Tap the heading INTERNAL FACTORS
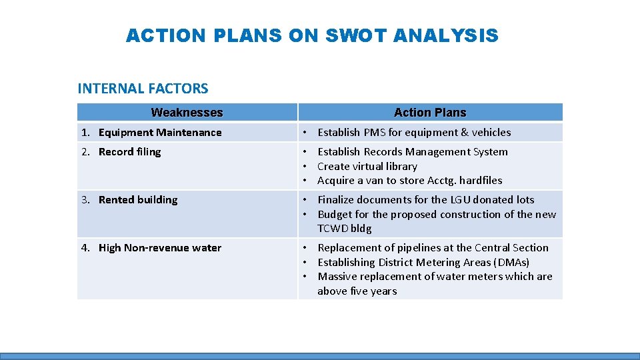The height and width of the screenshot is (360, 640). (143, 88)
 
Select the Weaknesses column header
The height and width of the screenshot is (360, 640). (187, 113)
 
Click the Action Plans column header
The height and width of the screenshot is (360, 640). (430, 113)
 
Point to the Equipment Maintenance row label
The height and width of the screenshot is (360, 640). (160, 133)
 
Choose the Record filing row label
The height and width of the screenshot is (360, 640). (129, 152)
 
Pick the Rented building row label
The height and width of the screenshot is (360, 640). (138, 200)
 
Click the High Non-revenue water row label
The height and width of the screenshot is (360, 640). (160, 248)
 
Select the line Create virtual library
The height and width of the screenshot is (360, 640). (367, 167)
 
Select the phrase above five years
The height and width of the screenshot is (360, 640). (357, 291)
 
